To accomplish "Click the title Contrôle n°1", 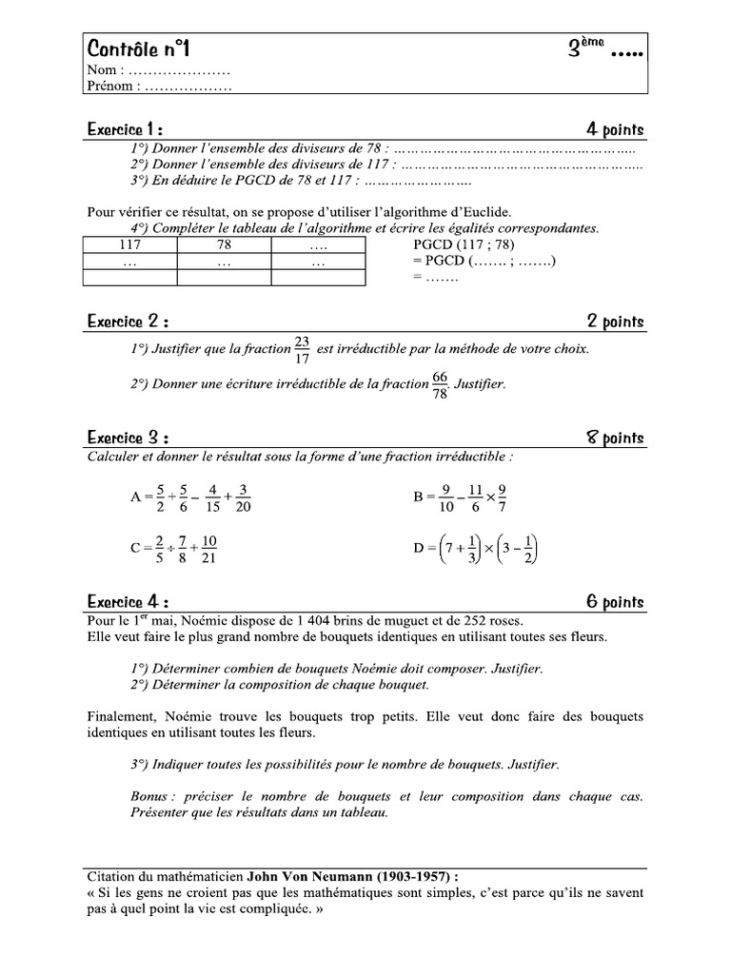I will coord(143,49).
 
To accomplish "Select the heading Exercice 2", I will coord(128,322).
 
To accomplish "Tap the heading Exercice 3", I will coord(128,438).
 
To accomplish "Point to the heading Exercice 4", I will coord(128,601).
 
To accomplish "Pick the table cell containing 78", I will coord(225,244).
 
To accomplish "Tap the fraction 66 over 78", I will coord(440,385).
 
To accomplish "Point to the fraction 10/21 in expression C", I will coord(209,549).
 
